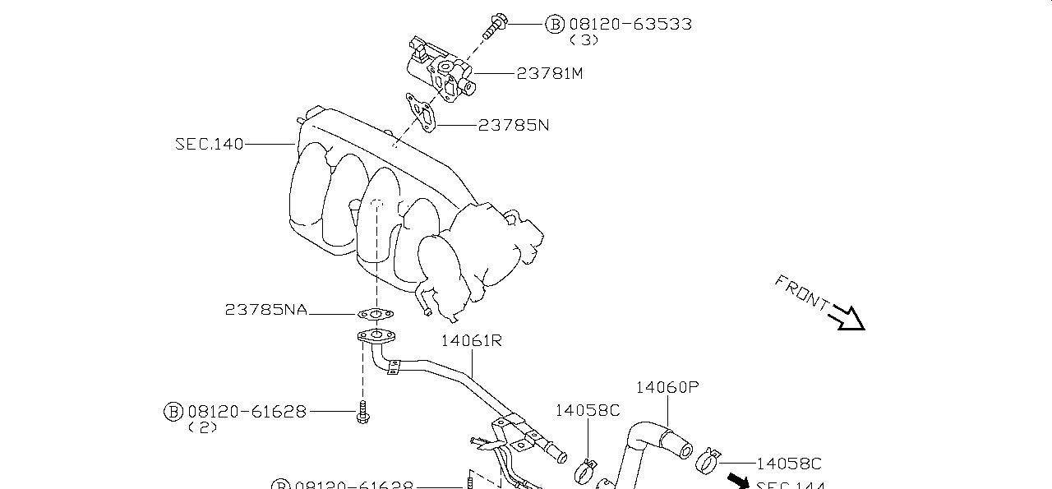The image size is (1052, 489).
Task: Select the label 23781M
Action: [x=550, y=73]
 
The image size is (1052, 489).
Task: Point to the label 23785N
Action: [x=514, y=125]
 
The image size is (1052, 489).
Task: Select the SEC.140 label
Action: [x=209, y=144]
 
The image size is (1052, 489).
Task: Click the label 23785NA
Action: [x=265, y=310]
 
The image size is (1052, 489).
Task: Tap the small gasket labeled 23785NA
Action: [x=376, y=313]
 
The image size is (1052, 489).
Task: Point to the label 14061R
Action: [x=471, y=340]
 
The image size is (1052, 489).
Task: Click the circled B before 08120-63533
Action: [x=556, y=24]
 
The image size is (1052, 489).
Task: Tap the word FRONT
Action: [x=801, y=293]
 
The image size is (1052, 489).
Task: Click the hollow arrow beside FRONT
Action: [x=847, y=318]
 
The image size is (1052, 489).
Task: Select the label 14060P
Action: [x=667, y=387]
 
